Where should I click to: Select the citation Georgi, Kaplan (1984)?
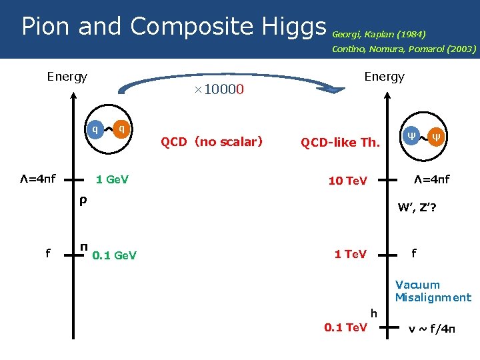pos(379,33)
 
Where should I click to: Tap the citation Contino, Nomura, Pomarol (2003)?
pos(404,49)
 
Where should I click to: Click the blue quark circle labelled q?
pos(96,129)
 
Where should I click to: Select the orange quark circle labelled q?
pos(121,129)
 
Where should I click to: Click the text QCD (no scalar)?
pos(211,141)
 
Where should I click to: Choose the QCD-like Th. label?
pos(340,143)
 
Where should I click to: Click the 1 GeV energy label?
pos(112,179)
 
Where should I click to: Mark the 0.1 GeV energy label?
pos(114,255)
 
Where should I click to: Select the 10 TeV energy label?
pos(347,181)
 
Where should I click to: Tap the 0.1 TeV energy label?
pos(345,327)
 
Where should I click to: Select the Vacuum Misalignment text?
pos(433,291)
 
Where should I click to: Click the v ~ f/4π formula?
pos(432,328)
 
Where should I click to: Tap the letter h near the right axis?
pos(374,313)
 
